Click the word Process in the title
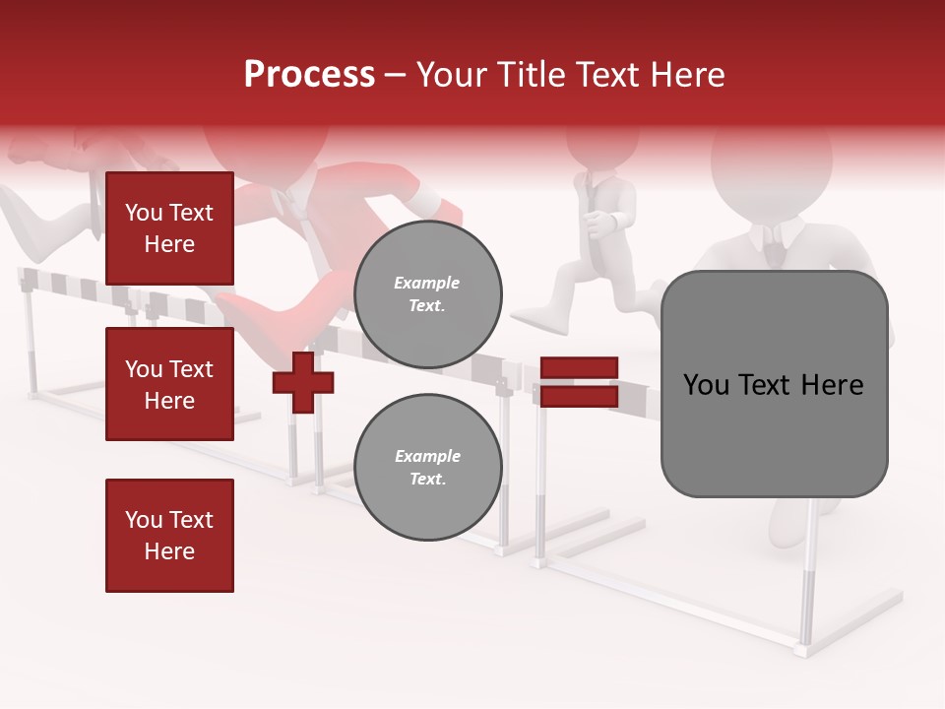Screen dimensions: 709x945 click(309, 75)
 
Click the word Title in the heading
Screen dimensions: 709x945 click(528, 75)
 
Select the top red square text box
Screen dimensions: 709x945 click(169, 228)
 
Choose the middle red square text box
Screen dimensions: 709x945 click(169, 384)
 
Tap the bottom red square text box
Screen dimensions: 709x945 click(169, 536)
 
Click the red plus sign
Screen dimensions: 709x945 click(303, 382)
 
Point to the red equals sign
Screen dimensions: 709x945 click(580, 382)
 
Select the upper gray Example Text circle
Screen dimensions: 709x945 click(428, 294)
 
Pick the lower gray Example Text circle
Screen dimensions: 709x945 click(428, 468)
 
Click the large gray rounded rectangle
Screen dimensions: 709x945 click(774, 384)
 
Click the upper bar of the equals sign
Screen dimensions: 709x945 click(580, 368)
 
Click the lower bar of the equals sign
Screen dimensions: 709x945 click(580, 396)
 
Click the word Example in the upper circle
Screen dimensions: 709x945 click(427, 284)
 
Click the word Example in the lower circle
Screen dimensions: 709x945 click(427, 457)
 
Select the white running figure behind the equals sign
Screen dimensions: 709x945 click(591, 236)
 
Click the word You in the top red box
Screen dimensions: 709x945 click(144, 213)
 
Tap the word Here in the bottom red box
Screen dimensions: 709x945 click(169, 551)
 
